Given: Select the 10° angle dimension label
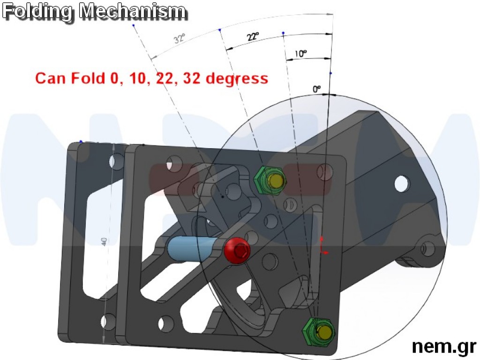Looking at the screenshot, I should (x=300, y=53).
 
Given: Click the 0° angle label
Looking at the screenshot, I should (x=317, y=88).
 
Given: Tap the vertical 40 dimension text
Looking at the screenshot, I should (x=104, y=242).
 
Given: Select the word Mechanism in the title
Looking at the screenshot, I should (x=133, y=12).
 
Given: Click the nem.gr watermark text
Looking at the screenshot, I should (x=443, y=346).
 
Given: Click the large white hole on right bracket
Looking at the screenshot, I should (x=402, y=184).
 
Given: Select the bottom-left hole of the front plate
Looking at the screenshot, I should (x=166, y=323).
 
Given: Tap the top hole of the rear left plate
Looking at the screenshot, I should (x=114, y=162).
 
